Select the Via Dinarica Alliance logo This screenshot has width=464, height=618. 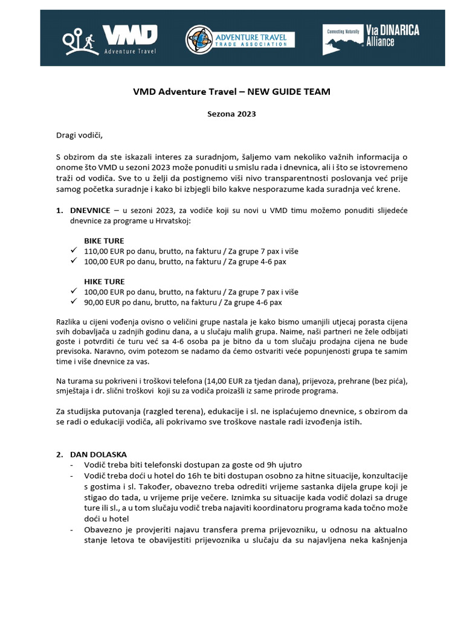(371, 39)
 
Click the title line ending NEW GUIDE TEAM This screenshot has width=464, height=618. (231, 92)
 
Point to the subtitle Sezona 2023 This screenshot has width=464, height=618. (231, 113)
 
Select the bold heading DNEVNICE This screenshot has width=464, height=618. (90, 211)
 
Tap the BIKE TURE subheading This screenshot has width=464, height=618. (104, 241)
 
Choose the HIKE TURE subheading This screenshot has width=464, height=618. (104, 281)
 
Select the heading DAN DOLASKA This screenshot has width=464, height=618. (98, 454)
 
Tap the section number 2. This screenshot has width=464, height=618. (59, 454)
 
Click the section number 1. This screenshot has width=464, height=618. (59, 211)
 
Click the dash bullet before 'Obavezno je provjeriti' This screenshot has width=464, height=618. (73, 530)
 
